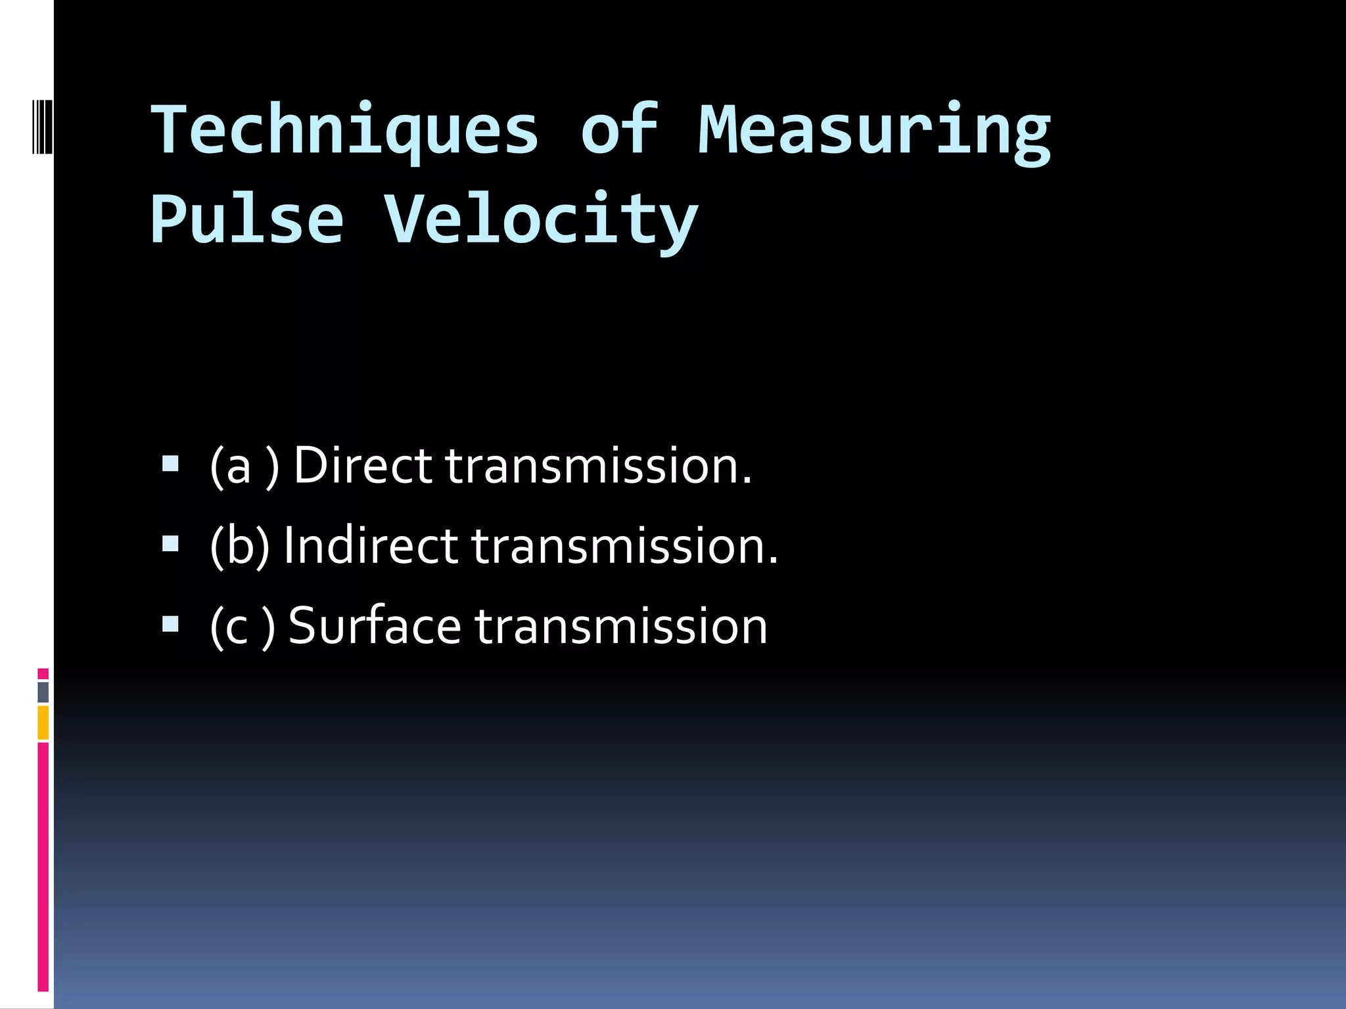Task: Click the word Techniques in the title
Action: pyautogui.click(x=345, y=130)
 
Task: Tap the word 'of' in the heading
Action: pyautogui.click(x=619, y=130)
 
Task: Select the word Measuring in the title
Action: pyautogui.click(x=874, y=130)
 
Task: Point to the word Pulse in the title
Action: pyautogui.click(x=247, y=219)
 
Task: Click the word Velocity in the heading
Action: pyautogui.click(x=540, y=219)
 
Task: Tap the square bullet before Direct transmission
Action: pyautogui.click(x=170, y=464)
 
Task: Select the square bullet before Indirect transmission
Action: pyautogui.click(x=170, y=544)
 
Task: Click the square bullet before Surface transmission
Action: pyautogui.click(x=170, y=623)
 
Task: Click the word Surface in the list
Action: pyautogui.click(x=375, y=625)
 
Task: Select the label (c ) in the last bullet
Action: pyautogui.click(x=243, y=627)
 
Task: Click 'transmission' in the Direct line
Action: pyautogui.click(x=598, y=466)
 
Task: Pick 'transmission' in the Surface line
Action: pyautogui.click(x=620, y=627)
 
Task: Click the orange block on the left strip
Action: pyautogui.click(x=43, y=723)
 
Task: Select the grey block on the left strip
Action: pyautogui.click(x=43, y=692)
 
